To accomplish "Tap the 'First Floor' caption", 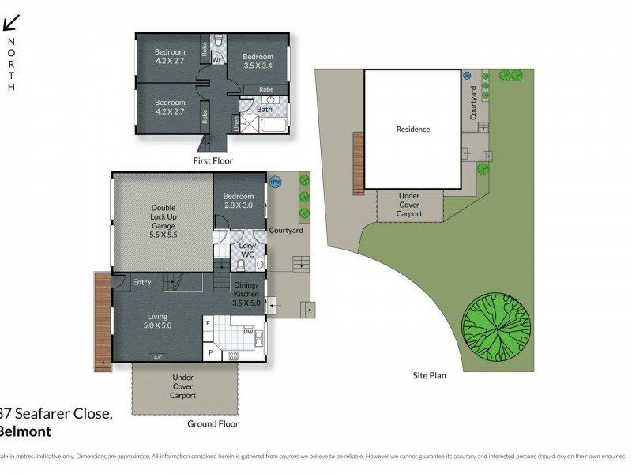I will tap(213, 160).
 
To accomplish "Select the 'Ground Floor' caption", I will tap(213, 423).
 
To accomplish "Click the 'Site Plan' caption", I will tap(430, 375).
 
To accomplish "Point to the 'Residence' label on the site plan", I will tap(412, 129).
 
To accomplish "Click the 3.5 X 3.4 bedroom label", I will tap(258, 62).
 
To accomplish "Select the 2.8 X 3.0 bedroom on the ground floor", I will tap(239, 201).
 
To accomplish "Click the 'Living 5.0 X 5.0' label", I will tap(156, 321).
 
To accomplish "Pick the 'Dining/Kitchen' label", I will tap(246, 293).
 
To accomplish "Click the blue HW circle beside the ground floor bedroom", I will tap(275, 182).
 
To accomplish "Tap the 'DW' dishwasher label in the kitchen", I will tap(249, 332).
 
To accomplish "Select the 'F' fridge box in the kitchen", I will tap(208, 323).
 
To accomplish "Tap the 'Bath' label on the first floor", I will tap(264, 110).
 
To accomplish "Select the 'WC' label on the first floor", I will tap(216, 59).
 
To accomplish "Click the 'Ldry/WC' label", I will tap(246, 250).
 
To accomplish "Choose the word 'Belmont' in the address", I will tap(25, 431).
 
